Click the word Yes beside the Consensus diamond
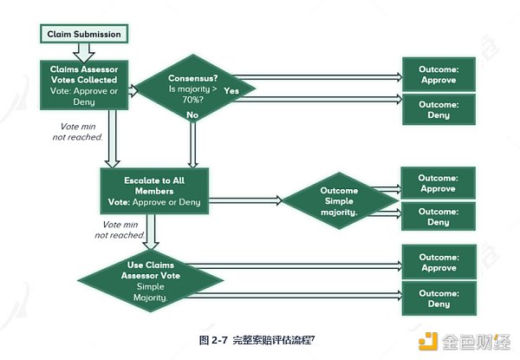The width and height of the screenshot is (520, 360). pyautogui.click(x=232, y=89)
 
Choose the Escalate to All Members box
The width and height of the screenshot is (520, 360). pyautogui.click(x=155, y=190)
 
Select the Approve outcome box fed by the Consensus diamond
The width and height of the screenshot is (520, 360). pyautogui.click(x=439, y=72)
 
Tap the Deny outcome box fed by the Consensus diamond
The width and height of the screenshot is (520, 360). pyautogui.click(x=439, y=108)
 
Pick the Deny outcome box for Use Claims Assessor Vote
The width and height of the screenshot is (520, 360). pyautogui.click(x=439, y=298)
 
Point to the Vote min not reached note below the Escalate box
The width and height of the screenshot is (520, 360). pyautogui.click(x=119, y=230)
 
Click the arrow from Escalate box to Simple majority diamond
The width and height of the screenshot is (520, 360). pyautogui.click(x=245, y=201)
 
